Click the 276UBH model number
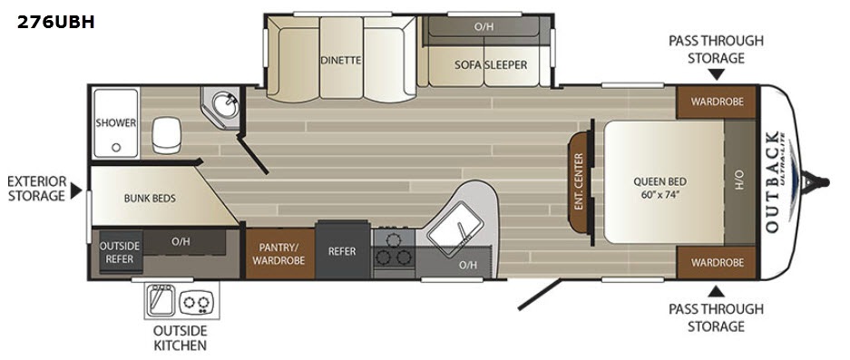tap(56, 23)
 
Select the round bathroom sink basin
tap(224, 104)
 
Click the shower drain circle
tap(115, 148)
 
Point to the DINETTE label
tap(340, 60)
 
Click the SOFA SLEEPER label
tap(490, 64)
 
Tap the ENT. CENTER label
tap(579, 181)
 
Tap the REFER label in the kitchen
tap(342, 251)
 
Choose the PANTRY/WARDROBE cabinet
tap(280, 254)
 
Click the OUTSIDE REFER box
tap(120, 251)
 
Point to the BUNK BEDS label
tap(150, 199)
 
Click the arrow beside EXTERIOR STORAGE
tap(76, 190)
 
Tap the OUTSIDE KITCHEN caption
tap(180, 337)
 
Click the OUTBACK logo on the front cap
tap(774, 181)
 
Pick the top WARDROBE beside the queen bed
tap(716, 102)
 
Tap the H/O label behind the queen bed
tap(740, 181)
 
